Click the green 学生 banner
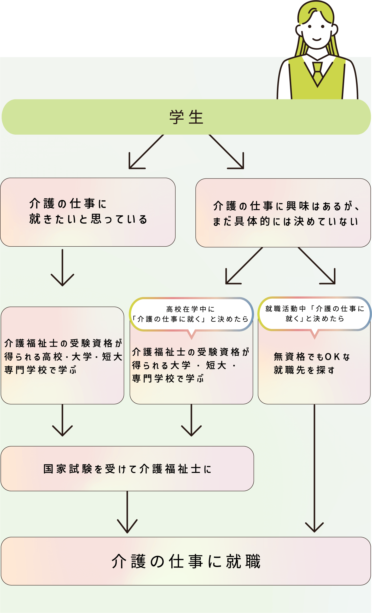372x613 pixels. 186,117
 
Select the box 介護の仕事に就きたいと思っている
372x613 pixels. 88,212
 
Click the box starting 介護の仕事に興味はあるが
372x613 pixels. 283,213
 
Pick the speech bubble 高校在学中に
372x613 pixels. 191,314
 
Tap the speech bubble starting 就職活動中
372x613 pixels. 315,314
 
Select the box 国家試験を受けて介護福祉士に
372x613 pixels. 127,469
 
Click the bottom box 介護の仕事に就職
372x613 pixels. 186,561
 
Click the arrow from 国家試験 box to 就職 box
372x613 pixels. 127,512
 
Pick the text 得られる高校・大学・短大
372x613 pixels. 63,357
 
